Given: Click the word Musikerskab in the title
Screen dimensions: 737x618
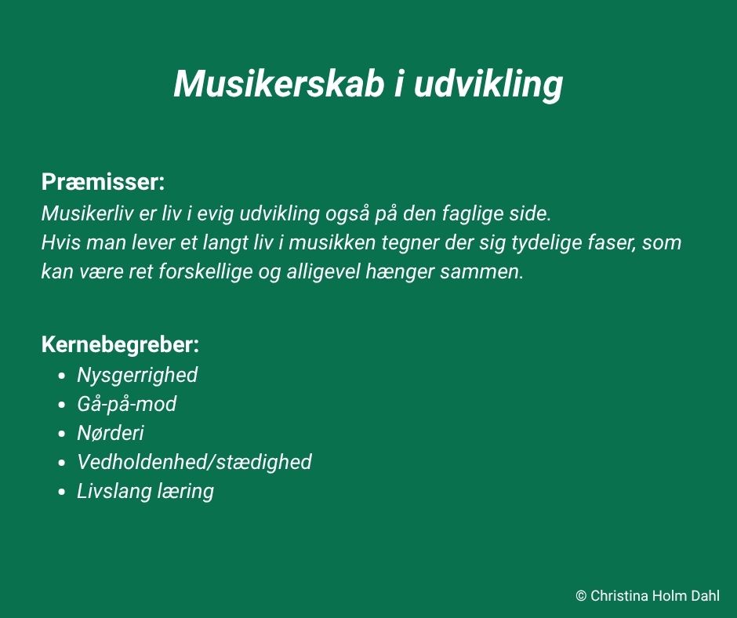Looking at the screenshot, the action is (x=279, y=84).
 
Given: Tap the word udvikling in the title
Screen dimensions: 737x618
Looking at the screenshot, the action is (x=488, y=85).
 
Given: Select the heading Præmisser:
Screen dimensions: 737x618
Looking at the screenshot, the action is (x=103, y=182).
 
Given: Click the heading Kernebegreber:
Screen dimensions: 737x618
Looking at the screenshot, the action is (x=120, y=345).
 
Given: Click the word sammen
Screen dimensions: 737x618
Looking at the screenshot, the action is (x=481, y=272).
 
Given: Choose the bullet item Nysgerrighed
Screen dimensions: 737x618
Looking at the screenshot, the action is (x=137, y=376).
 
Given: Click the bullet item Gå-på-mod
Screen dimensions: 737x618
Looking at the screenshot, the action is (x=127, y=405).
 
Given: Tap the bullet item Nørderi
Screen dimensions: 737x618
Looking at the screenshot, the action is (x=111, y=433).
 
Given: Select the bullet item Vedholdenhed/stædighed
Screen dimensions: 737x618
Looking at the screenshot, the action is (x=194, y=463).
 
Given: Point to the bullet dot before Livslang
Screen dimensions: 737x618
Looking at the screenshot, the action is (x=61, y=493).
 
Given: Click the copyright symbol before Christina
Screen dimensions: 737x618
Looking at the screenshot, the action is (x=581, y=596).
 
